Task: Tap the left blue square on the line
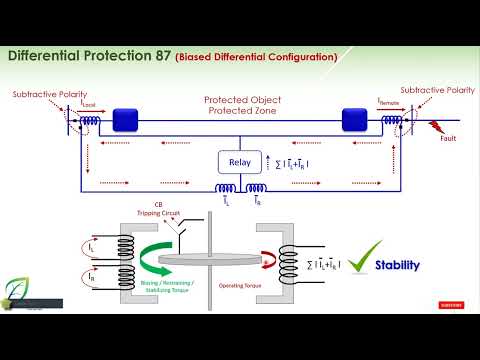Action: pyautogui.click(x=124, y=121)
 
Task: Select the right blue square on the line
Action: pyautogui.click(x=355, y=121)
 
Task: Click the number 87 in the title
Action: pyautogui.click(x=160, y=56)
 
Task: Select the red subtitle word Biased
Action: pyautogui.click(x=196, y=57)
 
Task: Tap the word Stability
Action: pyautogui.click(x=397, y=266)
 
